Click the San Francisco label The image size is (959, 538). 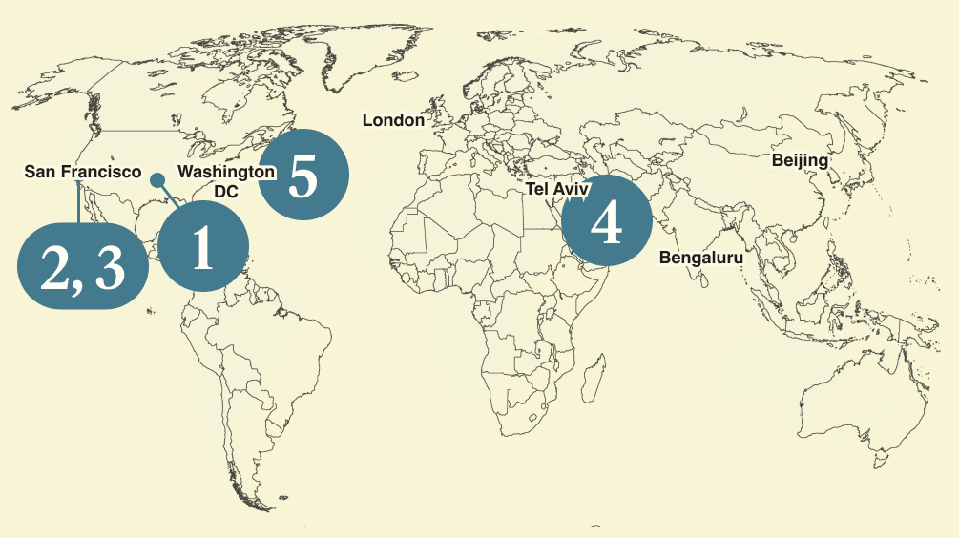click(82, 173)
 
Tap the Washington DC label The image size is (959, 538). click(226, 181)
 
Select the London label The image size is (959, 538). click(393, 120)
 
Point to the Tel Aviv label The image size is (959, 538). click(557, 189)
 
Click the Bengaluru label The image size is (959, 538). click(700, 258)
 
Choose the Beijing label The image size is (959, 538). click(800, 159)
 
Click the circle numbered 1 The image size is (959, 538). click(202, 248)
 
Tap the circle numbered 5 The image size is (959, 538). click(303, 176)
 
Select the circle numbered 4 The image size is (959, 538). click(607, 222)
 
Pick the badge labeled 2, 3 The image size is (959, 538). click(84, 266)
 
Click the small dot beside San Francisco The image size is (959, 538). click(157, 178)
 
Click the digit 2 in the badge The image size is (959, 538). click(56, 269)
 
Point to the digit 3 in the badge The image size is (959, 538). click(110, 269)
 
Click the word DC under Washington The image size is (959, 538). click(226, 191)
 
